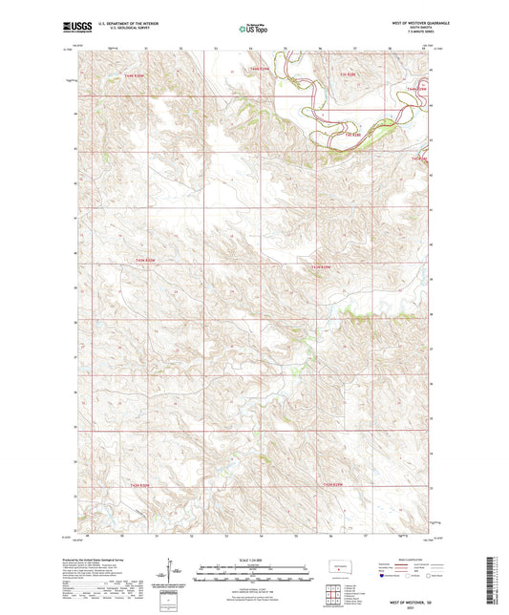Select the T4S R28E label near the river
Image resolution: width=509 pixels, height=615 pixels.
(352, 135)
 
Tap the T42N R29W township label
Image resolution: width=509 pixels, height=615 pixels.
(331, 485)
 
